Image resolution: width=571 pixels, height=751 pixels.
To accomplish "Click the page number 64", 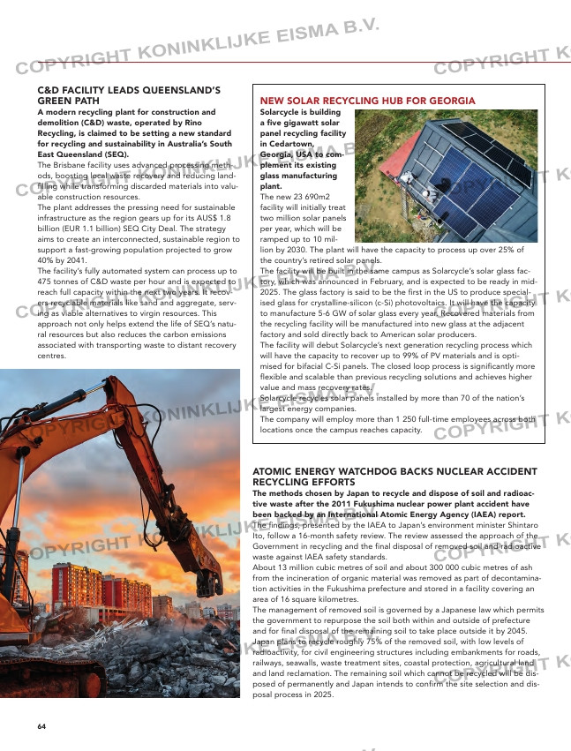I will (41, 725).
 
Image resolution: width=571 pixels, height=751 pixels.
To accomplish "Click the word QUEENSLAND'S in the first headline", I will (182, 90).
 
